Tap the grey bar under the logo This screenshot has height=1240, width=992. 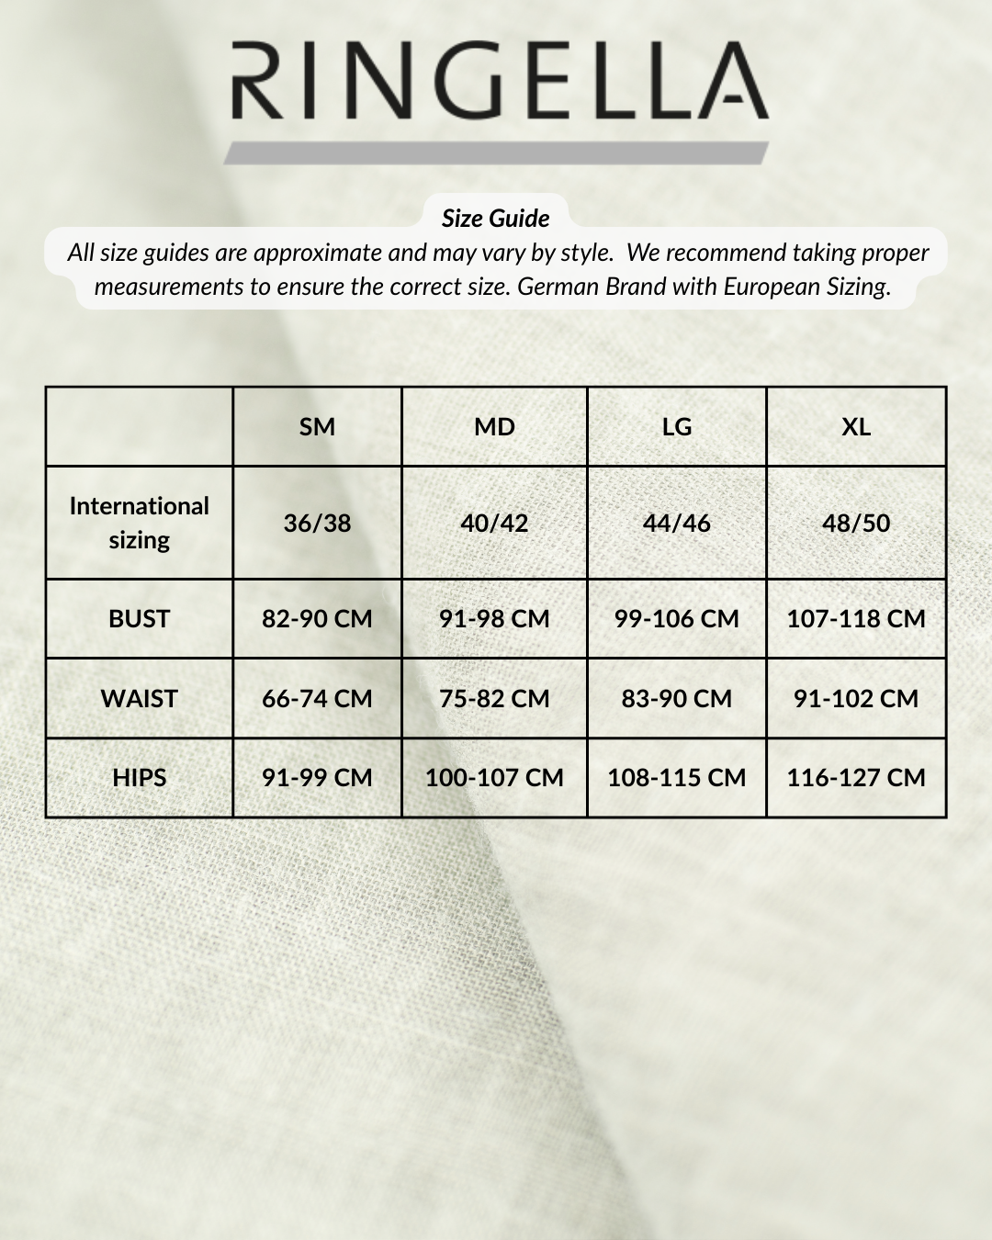(496, 153)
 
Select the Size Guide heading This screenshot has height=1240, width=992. (495, 219)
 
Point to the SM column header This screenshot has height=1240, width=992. (317, 427)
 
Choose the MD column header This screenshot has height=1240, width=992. (494, 427)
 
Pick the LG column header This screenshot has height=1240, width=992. (677, 427)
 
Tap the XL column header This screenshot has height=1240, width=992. (856, 427)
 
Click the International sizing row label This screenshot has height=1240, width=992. (140, 523)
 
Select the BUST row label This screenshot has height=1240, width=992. (140, 619)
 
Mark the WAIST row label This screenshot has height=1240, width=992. (140, 699)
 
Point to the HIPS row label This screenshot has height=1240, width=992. (140, 778)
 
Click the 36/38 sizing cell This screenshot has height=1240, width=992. (317, 524)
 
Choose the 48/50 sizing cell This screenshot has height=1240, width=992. (856, 524)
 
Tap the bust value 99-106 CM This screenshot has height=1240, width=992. (677, 619)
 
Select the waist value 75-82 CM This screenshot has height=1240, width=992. (494, 699)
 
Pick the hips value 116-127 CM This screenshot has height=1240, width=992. (856, 778)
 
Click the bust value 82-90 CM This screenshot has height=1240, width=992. (317, 619)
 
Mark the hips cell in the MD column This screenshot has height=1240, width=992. (494, 778)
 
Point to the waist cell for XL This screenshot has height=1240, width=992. (856, 699)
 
